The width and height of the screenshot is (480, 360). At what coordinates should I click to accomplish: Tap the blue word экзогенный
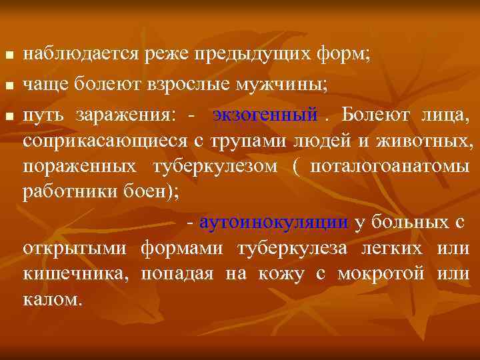[265, 115]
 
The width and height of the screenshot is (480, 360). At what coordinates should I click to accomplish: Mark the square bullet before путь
[7, 117]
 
